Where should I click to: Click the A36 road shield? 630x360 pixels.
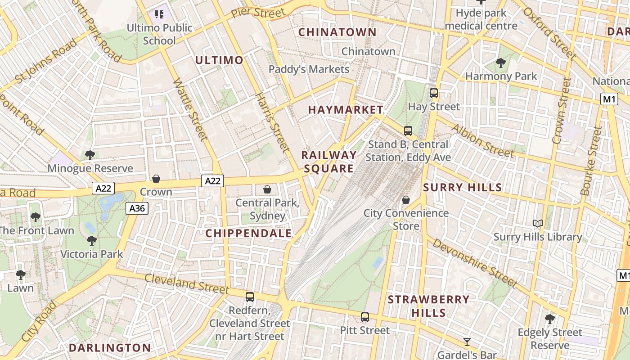point(137,208)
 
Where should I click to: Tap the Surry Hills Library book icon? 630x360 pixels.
point(538,223)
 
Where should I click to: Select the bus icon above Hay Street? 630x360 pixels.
point(434,93)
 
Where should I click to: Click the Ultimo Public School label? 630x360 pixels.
point(159,34)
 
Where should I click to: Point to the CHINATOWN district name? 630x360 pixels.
point(337,32)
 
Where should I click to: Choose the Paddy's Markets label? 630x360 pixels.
point(309,69)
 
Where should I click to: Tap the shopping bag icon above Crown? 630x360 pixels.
point(156,179)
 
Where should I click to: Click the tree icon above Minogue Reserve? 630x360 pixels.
point(90,155)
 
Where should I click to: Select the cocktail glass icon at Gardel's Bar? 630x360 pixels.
point(467,342)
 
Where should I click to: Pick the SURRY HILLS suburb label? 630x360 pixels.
point(463,187)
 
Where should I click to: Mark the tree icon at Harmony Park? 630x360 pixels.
point(500,63)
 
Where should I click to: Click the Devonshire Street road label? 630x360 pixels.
point(475,263)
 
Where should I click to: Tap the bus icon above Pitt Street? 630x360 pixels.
point(365,317)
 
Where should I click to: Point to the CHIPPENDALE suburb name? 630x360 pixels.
point(249,234)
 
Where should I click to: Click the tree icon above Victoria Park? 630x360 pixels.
point(92,241)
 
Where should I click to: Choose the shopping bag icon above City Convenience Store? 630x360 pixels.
point(406,199)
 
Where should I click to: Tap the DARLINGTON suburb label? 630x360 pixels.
point(110,347)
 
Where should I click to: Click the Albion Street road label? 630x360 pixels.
point(482,141)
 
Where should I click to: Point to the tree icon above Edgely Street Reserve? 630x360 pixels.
point(549,319)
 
